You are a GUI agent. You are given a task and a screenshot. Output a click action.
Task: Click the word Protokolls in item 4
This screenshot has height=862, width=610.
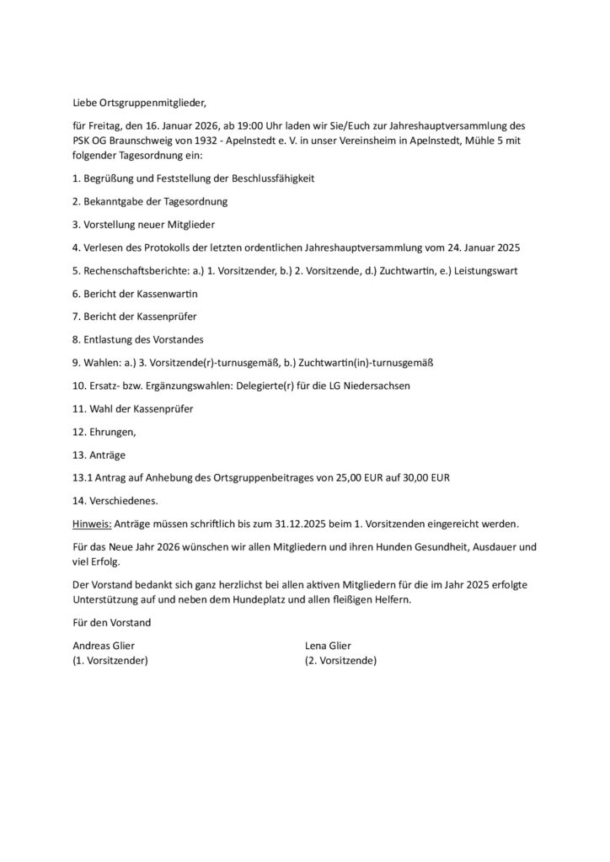[193, 248]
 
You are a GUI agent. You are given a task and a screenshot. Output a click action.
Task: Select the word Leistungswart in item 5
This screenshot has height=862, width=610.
[486, 271]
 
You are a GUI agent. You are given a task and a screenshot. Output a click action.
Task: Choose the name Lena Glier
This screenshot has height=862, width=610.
[328, 646]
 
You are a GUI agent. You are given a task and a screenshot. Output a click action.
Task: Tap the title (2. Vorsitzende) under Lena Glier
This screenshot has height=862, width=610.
[340, 661]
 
